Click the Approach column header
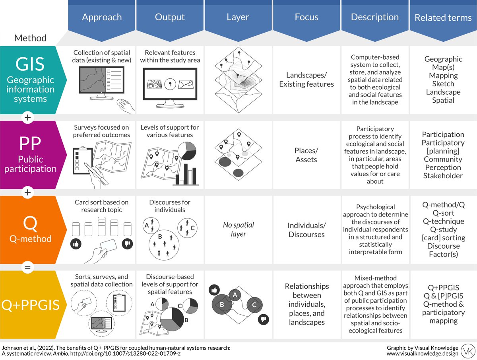click(x=101, y=17)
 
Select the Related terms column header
click(x=443, y=18)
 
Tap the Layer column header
click(x=238, y=17)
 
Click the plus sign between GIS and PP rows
click(x=27, y=118)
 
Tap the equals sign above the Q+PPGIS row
click(x=27, y=267)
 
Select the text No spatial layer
click(x=238, y=230)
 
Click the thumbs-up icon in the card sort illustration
click(x=75, y=244)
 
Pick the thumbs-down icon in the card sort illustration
click(x=128, y=244)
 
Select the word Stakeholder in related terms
click(x=443, y=176)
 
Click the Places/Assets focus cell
click(x=306, y=155)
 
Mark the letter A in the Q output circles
click(x=147, y=226)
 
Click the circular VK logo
click(x=467, y=350)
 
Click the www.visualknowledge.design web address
click(x=423, y=354)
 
